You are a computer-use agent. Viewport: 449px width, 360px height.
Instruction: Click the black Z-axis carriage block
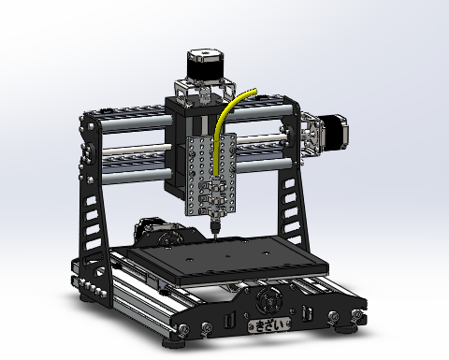coord(180,150)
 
